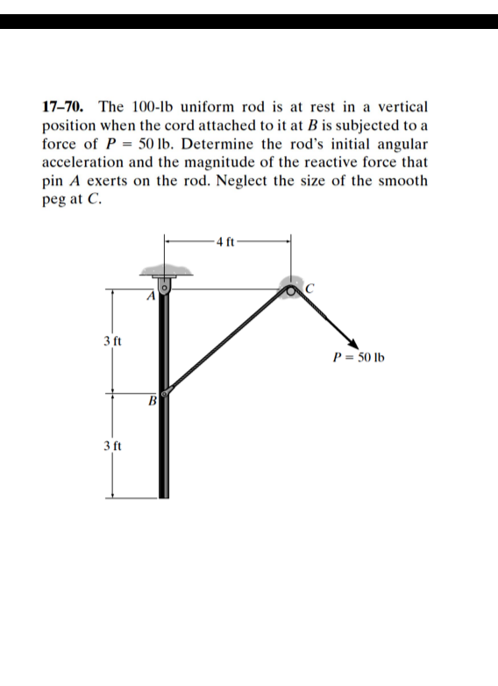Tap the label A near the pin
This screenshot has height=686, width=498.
coord(151,297)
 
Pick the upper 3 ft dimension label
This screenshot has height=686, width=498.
coord(109,338)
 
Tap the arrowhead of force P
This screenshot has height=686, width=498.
coord(352,344)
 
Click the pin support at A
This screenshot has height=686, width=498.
coord(164,285)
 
